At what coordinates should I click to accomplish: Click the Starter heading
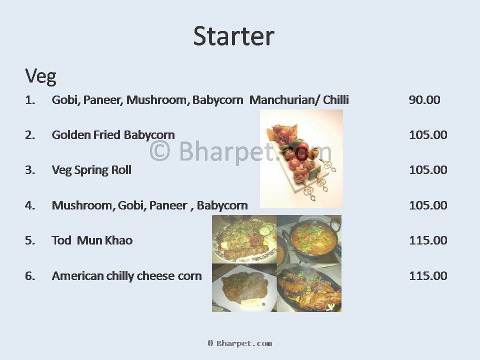(x=234, y=36)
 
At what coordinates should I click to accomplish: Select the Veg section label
(x=40, y=76)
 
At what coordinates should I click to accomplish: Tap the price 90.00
(x=424, y=100)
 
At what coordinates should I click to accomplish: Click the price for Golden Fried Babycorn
(x=428, y=134)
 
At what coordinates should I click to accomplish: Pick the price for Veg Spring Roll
(x=428, y=169)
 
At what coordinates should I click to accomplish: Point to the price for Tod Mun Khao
(x=428, y=240)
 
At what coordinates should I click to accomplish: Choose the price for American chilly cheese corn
(x=428, y=276)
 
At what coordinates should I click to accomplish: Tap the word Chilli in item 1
(x=336, y=100)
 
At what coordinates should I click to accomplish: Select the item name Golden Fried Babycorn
(x=113, y=135)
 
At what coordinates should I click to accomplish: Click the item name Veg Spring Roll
(x=91, y=170)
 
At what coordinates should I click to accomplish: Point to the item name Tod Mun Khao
(x=92, y=240)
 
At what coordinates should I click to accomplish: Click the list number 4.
(x=30, y=205)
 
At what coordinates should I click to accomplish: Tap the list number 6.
(x=30, y=276)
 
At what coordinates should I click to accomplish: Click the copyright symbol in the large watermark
(x=160, y=150)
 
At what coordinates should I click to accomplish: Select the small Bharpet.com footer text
(x=239, y=343)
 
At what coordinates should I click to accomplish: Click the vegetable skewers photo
(x=301, y=159)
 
